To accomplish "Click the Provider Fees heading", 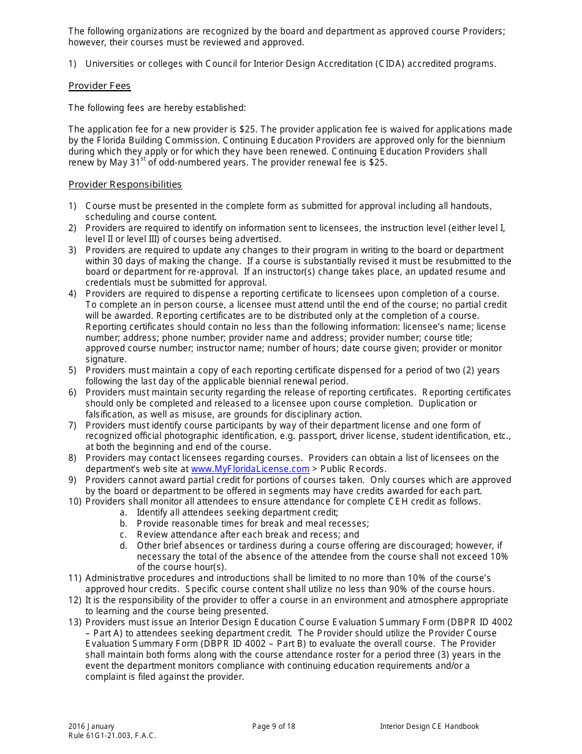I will click(x=99, y=86).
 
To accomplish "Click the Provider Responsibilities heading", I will click(x=125, y=185).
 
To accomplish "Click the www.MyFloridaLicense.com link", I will click(x=250, y=469).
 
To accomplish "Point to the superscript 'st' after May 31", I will click(x=143, y=159).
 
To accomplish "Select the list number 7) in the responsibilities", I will click(x=72, y=425).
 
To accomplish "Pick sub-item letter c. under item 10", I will click(x=123, y=535).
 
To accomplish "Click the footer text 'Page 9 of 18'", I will click(x=273, y=726).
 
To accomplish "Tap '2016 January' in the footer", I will click(x=91, y=726).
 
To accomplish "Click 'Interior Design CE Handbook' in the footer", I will click(x=429, y=726).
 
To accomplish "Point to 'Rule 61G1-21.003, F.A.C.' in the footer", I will click(x=112, y=736).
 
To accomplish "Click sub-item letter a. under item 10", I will click(x=123, y=512).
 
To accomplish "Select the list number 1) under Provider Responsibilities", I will click(x=72, y=206).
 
